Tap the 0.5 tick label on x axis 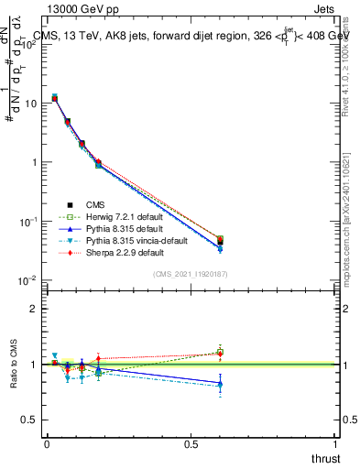[191, 444]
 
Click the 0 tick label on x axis [47, 444]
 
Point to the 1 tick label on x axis [334, 444]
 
